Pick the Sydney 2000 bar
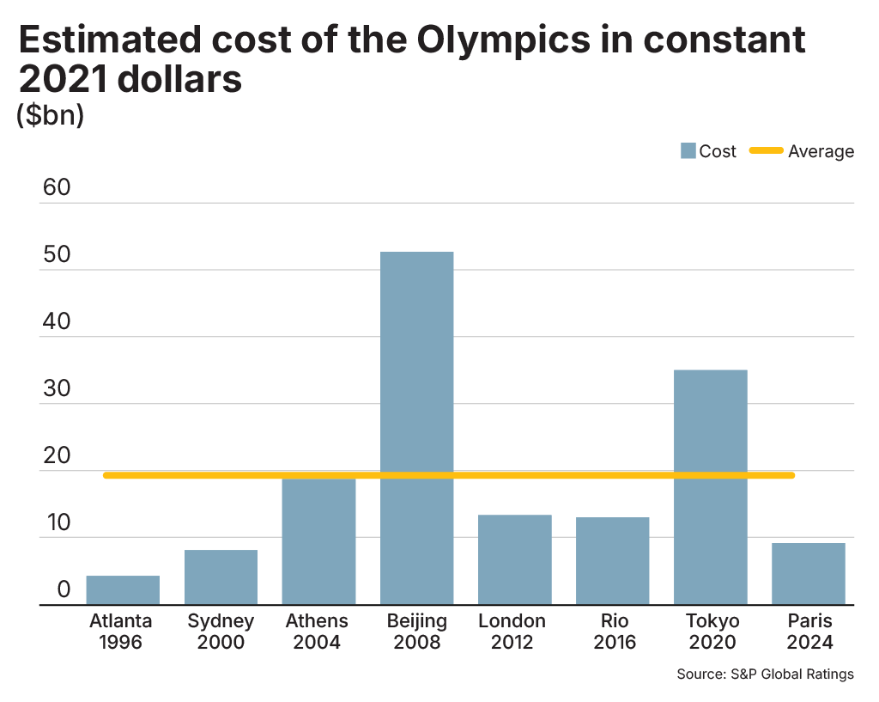tap(221, 577)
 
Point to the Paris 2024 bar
tap(808, 573)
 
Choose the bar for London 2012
tap(514, 559)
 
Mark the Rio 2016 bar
tap(612, 560)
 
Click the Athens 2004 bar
tap(318, 541)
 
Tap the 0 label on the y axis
tap(64, 590)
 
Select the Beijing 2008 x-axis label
tap(416, 632)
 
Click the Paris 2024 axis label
tap(808, 632)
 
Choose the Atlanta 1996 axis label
tap(121, 632)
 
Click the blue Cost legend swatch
tap(688, 151)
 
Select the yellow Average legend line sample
tap(766, 151)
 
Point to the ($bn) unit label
tap(51, 115)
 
